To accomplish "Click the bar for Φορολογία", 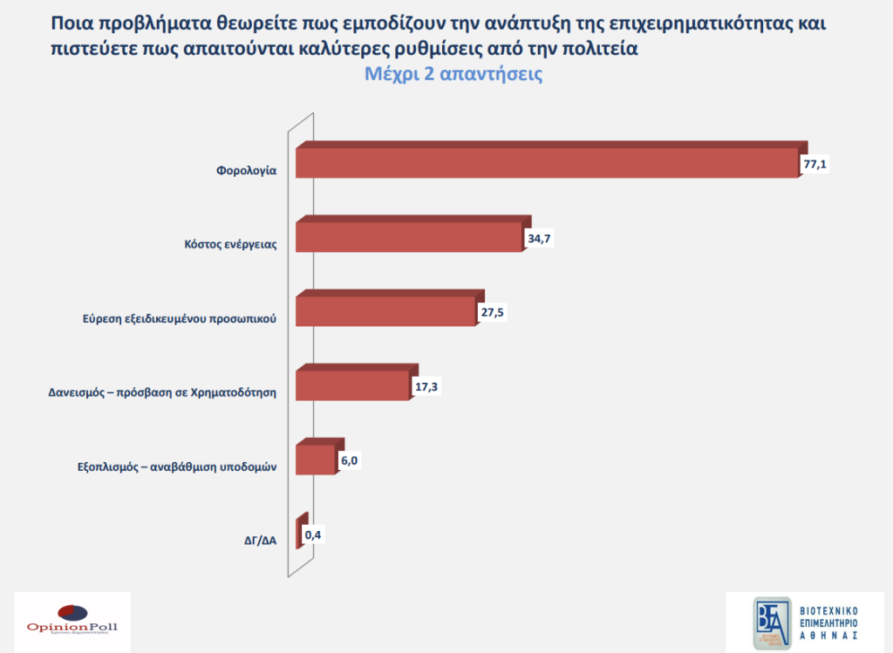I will click(x=547, y=162).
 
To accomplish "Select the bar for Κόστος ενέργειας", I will click(x=409, y=236).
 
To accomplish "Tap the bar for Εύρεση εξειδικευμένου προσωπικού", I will click(x=385, y=310).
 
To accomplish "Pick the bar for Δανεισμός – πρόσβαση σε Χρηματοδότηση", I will click(x=352, y=384).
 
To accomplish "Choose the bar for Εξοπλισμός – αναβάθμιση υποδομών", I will click(x=316, y=459).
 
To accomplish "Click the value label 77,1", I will click(x=814, y=163).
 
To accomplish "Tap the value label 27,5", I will click(x=492, y=312).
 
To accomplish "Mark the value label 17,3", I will click(x=426, y=385).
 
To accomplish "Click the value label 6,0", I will click(x=349, y=459).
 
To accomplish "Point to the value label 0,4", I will click(x=313, y=534).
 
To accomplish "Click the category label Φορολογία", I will click(x=247, y=170).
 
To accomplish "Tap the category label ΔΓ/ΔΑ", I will click(x=260, y=540).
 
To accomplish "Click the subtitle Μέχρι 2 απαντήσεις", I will click(x=453, y=74).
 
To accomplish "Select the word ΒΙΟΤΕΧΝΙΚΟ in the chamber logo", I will click(x=829, y=610).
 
